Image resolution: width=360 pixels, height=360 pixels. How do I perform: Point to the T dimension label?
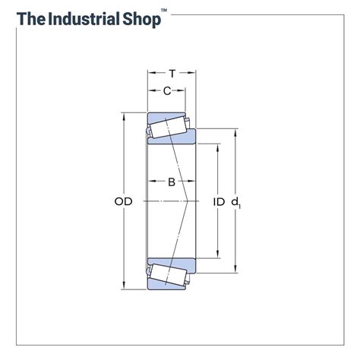[172, 74]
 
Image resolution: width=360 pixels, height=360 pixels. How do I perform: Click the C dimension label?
[167, 92]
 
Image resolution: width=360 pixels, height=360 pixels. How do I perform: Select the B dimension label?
[172, 182]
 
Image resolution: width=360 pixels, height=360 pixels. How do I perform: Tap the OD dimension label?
[124, 201]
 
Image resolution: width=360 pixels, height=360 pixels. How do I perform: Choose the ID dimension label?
[219, 201]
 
